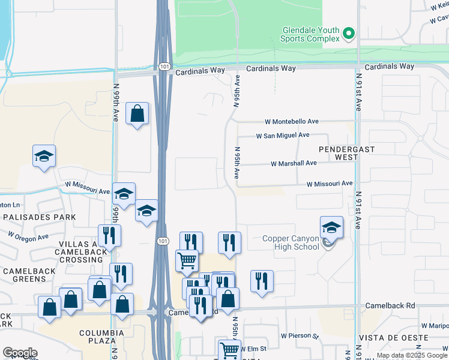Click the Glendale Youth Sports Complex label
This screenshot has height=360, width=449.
coord(310,34)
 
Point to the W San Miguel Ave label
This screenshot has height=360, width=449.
coord(282,136)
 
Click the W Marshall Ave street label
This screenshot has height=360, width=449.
coord(294,163)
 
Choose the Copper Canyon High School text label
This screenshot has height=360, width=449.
coord(291,243)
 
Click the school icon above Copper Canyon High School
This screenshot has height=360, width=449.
coord(331,228)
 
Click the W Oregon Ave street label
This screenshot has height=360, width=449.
coord(28,236)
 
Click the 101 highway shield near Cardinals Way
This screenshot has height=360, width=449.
coord(165,67)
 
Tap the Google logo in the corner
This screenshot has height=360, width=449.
coord(19,353)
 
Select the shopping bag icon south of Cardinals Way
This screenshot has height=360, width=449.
coord(137,113)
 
